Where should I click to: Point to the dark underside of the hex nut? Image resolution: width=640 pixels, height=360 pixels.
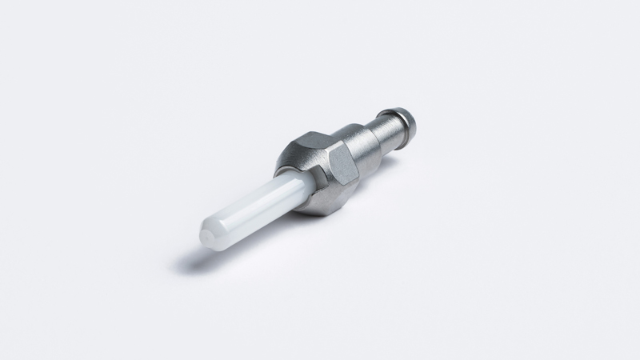(x=324, y=204)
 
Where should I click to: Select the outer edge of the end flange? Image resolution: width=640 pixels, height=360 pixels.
(x=409, y=124)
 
